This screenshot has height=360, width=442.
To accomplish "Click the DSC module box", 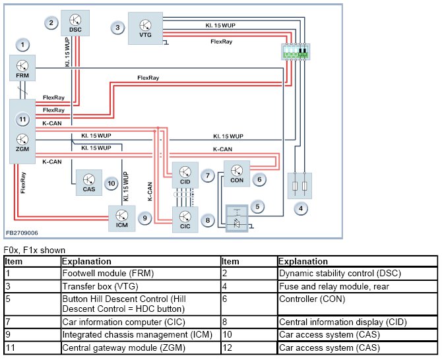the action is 75,23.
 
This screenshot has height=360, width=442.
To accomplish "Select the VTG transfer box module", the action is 145,28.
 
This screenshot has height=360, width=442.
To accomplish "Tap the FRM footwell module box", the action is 22,68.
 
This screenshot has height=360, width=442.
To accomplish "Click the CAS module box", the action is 89,183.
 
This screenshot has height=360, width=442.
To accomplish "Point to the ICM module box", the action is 122,218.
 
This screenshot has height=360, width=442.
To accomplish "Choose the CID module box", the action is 185,175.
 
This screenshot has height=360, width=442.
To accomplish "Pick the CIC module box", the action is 185,220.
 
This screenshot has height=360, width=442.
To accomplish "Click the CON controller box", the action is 237,173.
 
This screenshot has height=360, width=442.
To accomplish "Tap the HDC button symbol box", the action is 237,219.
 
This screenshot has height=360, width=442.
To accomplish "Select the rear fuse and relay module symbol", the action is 300,186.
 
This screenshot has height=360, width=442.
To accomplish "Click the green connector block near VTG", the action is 296,52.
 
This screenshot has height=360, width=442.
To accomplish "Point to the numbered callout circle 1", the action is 22,45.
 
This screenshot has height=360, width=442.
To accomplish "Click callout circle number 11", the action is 22,119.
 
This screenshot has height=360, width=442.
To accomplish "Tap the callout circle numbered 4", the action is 301,208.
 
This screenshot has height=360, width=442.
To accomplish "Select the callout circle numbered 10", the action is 111,184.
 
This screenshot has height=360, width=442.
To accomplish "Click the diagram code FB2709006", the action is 22,233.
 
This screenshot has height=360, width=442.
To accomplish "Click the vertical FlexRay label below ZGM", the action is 23,183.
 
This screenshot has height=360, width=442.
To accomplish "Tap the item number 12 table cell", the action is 249,347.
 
